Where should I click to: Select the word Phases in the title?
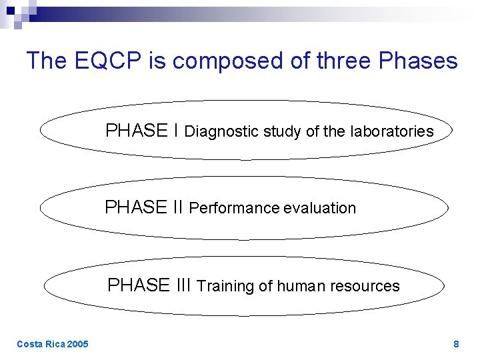pos(418,61)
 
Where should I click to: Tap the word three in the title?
pos(341,61)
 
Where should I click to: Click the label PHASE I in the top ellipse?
pos(141,131)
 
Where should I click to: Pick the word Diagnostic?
pos(221,131)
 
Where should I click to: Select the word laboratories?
pos(391,131)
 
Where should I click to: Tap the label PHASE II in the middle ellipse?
pos(144,207)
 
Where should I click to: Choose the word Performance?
pos(234,208)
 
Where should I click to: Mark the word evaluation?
pos(320,208)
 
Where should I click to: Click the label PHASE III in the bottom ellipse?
pos(150,285)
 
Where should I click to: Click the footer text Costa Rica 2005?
pos(52,344)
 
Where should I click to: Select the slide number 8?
pos(456,344)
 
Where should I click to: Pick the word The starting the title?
pos(47,61)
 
